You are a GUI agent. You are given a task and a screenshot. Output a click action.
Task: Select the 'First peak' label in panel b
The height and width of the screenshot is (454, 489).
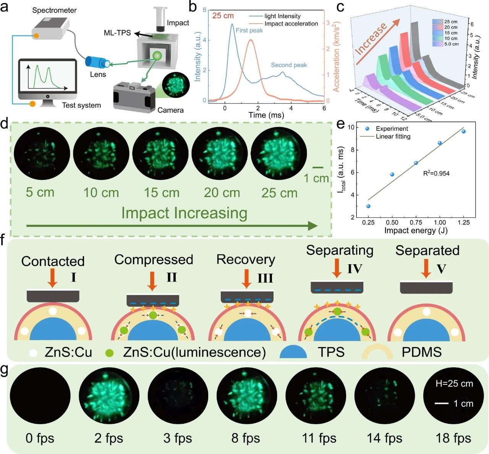249,31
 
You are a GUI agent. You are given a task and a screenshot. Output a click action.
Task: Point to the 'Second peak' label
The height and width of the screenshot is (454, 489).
289,65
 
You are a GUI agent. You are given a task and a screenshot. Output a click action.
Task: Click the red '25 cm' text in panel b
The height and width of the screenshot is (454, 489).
223,16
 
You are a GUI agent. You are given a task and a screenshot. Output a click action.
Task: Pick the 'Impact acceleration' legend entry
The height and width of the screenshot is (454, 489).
291,24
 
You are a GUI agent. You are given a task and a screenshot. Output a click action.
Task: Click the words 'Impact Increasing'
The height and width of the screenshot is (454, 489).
184,213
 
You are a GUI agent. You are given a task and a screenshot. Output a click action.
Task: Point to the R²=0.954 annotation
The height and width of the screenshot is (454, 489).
436,173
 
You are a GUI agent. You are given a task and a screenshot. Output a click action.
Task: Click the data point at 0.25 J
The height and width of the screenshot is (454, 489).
368,206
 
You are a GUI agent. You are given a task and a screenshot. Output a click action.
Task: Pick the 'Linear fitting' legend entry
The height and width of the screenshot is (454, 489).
393,136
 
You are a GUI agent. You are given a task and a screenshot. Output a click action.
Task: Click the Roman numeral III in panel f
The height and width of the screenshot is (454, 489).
265,278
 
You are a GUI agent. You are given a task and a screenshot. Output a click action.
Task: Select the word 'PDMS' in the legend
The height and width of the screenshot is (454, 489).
421,352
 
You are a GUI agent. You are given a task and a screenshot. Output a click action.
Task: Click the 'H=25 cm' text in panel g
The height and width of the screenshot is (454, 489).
454,383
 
